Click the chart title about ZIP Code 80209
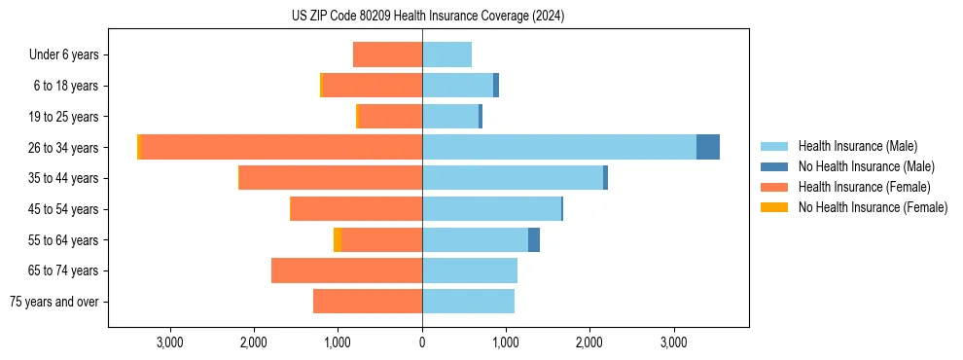pos(428,17)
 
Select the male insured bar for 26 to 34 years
pos(559,147)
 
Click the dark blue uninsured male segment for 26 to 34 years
pos(708,147)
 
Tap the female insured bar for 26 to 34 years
pos(282,147)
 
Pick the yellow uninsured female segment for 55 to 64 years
pos(338,239)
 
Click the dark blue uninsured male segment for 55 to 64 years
pos(534,239)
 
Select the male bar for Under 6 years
pos(447,54)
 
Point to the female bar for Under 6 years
pos(387,54)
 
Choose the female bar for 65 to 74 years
pos(346,270)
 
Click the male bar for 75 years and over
pos(468,302)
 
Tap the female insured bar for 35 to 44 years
pos(331,178)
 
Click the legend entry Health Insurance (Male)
pos(857,146)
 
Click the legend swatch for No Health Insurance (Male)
pos(773,166)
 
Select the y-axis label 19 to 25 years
pos(63,117)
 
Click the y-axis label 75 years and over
pos(54,302)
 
